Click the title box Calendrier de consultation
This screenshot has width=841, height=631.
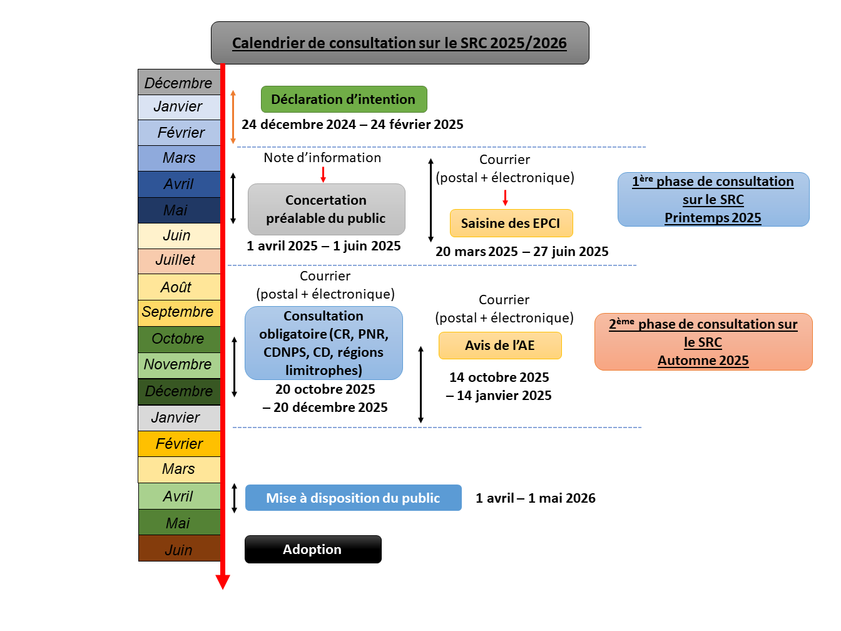tap(400, 43)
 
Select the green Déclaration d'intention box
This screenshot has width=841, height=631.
tap(344, 100)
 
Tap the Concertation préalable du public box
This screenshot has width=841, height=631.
tap(326, 209)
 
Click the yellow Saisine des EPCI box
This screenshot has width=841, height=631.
tap(511, 223)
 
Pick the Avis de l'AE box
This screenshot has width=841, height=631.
tap(499, 346)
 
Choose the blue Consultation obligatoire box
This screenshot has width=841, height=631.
tap(324, 343)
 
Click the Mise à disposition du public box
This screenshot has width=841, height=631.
tap(353, 498)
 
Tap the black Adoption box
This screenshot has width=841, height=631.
tap(312, 550)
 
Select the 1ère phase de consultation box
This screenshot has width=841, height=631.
tap(713, 200)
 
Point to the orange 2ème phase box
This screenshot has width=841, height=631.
tap(703, 342)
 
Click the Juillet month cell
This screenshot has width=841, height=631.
tap(178, 260)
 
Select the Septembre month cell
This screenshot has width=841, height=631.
tap(178, 312)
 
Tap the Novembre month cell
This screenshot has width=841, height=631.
tap(178, 365)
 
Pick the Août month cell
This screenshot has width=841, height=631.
tap(178, 287)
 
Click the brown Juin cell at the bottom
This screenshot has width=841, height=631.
tap(178, 549)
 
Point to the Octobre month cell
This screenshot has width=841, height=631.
tap(178, 339)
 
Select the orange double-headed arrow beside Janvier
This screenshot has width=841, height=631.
tap(233, 117)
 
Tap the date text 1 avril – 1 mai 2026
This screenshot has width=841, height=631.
tap(535, 498)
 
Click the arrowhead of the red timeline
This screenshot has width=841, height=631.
tap(223, 582)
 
